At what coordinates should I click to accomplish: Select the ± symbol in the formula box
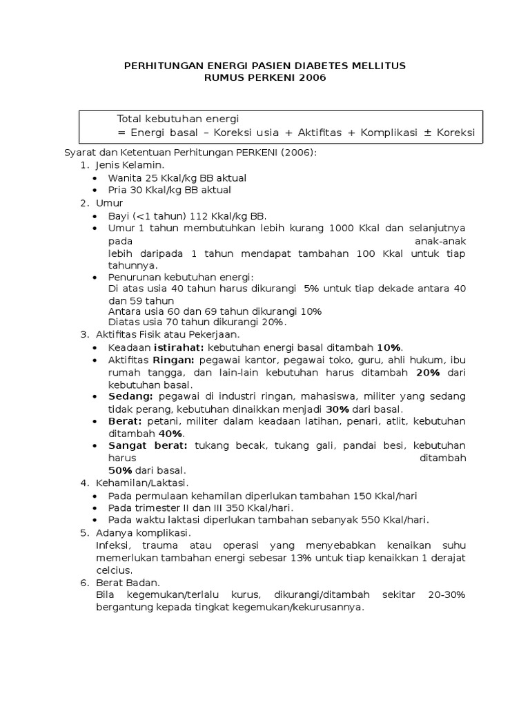tap(428, 132)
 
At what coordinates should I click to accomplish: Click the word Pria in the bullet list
tap(119, 189)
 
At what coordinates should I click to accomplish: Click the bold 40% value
tap(170, 433)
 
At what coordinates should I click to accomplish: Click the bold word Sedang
tap(131, 396)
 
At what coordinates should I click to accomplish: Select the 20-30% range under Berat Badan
tap(446, 594)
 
